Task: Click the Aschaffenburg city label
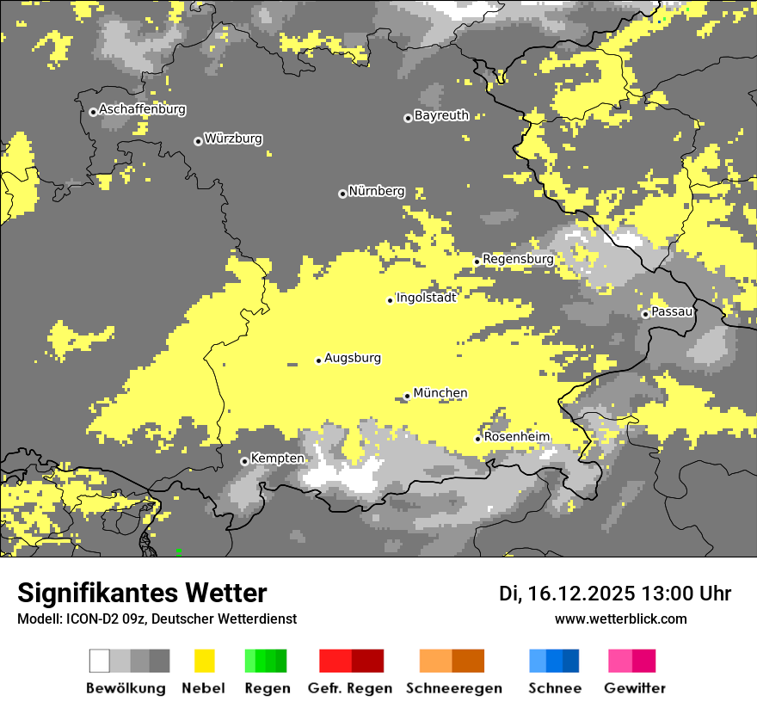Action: [x=142, y=109]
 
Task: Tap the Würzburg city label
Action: [x=233, y=138]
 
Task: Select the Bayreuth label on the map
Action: [x=441, y=115]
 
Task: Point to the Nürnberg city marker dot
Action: [x=342, y=194]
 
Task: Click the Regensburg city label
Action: [x=518, y=259]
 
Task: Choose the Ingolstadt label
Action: [x=426, y=298]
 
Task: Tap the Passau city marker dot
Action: [x=645, y=314]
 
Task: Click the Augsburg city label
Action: [x=353, y=358]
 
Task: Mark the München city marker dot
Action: [x=408, y=396]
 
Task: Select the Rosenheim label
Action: [x=516, y=437]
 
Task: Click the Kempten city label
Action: [x=277, y=459]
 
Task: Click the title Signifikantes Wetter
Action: [x=142, y=593]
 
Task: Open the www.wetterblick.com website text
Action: [x=620, y=619]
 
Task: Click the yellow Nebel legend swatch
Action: [x=204, y=661]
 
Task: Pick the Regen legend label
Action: [x=265, y=688]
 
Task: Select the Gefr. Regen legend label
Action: [x=350, y=688]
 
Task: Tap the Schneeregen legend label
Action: [x=453, y=688]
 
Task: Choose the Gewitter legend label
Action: [x=634, y=688]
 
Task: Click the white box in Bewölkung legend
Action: [x=100, y=661]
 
